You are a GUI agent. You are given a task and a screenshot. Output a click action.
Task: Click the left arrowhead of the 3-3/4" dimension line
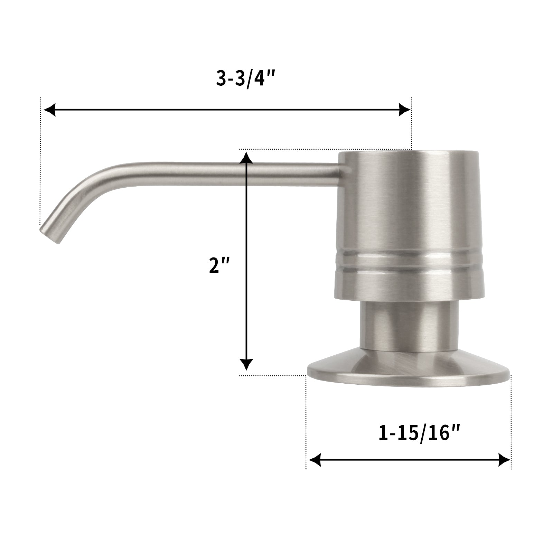(50, 110)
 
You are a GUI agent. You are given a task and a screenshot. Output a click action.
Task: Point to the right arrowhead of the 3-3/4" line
(404, 110)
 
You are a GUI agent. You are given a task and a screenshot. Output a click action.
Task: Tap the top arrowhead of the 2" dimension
(246, 157)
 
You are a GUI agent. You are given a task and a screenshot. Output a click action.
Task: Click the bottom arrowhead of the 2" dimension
(246, 365)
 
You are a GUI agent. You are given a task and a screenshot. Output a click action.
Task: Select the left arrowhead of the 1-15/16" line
(315, 460)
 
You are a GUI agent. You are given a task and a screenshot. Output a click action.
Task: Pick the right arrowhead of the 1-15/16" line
(504, 460)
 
